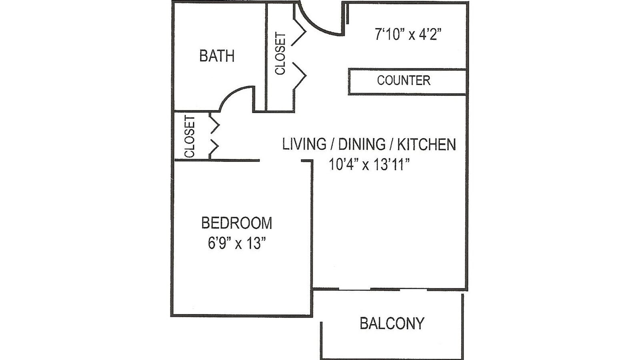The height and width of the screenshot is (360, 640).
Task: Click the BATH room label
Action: coord(217,56)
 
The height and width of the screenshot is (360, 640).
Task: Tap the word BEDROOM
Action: coord(236,223)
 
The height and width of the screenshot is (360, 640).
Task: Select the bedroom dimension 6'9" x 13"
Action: coord(236,243)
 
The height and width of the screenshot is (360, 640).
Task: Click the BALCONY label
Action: coord(392,323)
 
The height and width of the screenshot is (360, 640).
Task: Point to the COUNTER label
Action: coord(404,80)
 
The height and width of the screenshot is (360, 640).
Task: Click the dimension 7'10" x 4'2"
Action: coord(408,35)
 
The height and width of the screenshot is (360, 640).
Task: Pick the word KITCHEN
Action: coord(426,144)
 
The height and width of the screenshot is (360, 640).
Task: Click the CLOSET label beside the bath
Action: coord(280,54)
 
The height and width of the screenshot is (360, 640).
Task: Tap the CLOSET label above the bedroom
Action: coord(190,137)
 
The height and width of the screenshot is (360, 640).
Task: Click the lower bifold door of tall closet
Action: coord(299,75)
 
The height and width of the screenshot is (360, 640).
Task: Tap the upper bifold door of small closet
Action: coord(215,124)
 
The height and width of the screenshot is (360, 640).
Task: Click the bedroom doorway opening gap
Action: coord(280,161)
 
